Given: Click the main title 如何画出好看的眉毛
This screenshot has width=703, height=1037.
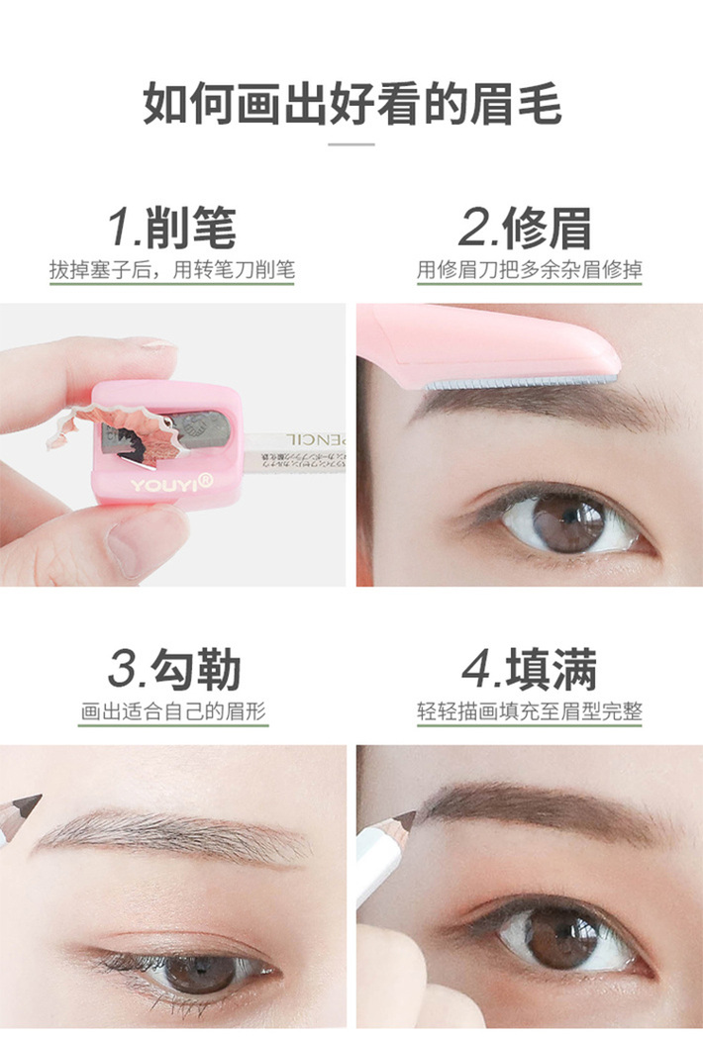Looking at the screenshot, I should [x=351, y=103].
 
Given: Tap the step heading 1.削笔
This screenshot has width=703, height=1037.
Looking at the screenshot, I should [x=172, y=228].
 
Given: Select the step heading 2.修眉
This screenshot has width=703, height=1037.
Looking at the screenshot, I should [x=525, y=228].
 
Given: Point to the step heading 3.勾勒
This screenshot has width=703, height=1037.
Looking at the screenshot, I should [x=174, y=670].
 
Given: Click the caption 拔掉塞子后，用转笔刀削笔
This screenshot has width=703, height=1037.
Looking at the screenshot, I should [x=172, y=269].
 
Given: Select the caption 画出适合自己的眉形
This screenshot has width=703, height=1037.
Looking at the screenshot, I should [x=174, y=711].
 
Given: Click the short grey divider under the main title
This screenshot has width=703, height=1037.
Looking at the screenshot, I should [x=351, y=144].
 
